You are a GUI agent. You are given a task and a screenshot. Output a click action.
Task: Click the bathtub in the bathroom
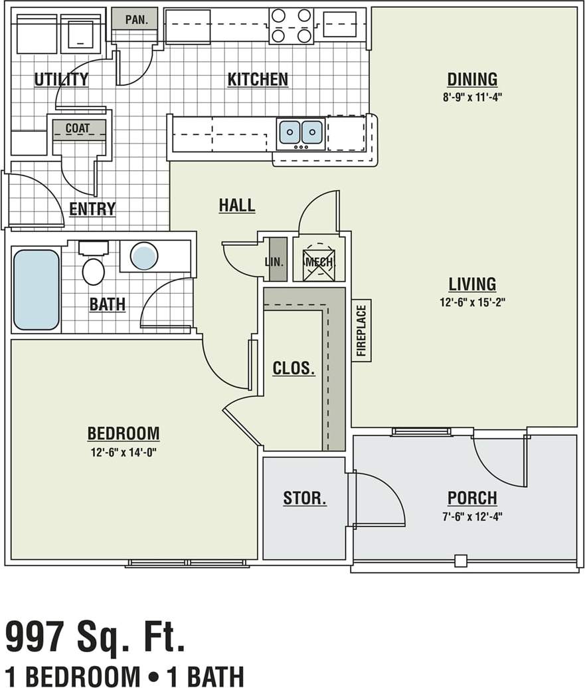click(x=37, y=289)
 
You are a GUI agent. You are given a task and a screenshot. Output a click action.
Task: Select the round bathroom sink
click(x=144, y=256)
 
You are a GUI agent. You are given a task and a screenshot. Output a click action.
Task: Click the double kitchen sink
click(x=301, y=132)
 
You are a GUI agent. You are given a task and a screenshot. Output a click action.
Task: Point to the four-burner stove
click(x=292, y=26)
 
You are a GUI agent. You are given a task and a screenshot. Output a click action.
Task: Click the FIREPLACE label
click(x=361, y=330)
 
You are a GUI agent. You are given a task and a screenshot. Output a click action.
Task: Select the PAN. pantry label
click(x=136, y=19)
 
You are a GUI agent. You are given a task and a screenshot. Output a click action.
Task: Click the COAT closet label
click(x=77, y=128)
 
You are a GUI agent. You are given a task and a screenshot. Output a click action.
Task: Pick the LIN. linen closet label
click(x=274, y=262)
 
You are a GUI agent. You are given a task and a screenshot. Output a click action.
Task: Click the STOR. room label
click(x=304, y=499)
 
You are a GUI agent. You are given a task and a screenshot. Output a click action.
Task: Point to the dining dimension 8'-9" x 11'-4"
click(x=472, y=96)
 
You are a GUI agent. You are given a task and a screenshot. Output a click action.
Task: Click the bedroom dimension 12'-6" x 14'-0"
click(x=124, y=452)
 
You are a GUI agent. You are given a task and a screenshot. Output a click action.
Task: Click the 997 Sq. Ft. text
click(x=95, y=636)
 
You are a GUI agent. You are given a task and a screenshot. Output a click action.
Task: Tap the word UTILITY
click(x=61, y=80)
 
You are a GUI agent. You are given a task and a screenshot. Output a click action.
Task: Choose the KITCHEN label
click(x=258, y=80)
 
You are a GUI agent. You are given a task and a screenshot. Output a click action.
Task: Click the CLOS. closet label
click(x=293, y=368)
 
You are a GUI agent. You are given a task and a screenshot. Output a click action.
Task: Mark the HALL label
click(x=237, y=206)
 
